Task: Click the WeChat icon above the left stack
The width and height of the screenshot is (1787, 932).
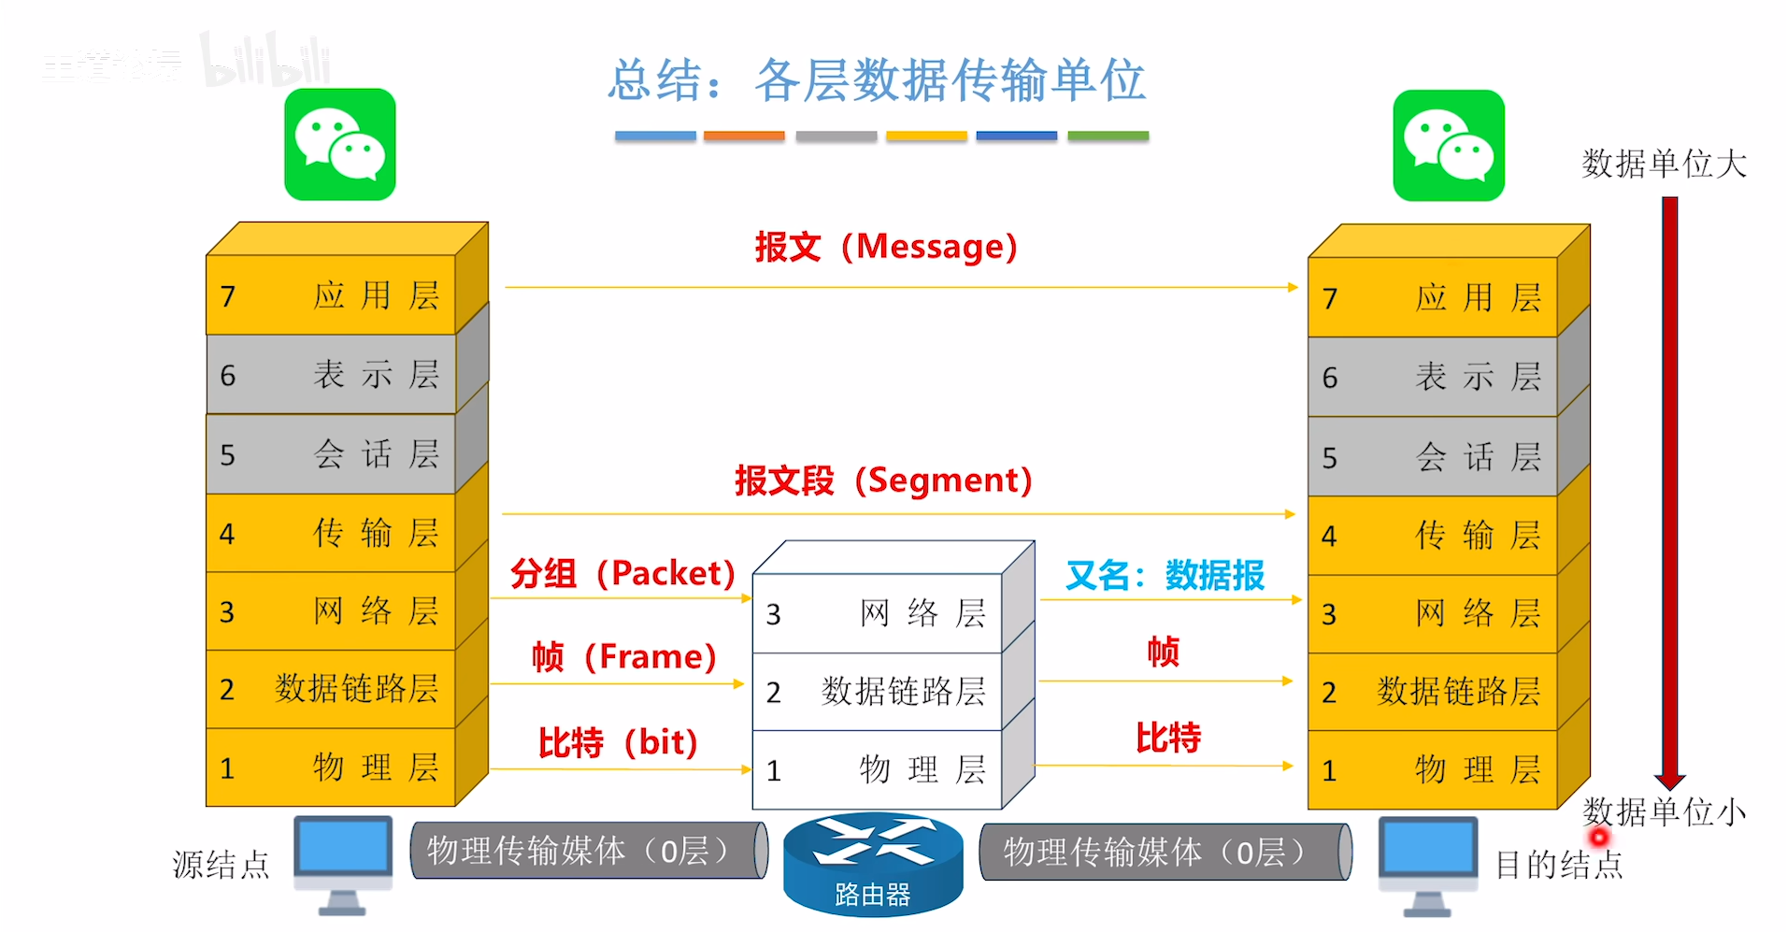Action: coord(340,145)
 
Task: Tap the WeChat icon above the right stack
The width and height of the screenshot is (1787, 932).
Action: coord(1449,146)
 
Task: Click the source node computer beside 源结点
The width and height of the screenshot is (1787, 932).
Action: coord(343,862)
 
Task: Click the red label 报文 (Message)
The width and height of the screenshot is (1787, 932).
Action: coord(885,247)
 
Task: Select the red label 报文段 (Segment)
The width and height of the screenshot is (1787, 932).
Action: coord(883,480)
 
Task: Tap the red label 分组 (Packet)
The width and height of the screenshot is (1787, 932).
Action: coord(622,573)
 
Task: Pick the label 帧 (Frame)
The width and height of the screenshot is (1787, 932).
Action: coord(623,656)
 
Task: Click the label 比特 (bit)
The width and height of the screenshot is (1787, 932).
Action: coord(618,742)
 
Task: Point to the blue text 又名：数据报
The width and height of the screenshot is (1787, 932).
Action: coord(1165,575)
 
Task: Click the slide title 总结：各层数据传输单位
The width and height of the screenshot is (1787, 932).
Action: coord(877,80)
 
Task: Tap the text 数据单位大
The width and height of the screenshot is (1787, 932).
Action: coord(1664,164)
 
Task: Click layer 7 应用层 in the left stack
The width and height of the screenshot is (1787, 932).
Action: coord(331,295)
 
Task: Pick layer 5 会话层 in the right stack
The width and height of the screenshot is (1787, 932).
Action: coord(1432,457)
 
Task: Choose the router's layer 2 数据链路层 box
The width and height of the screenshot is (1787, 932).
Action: coord(877,692)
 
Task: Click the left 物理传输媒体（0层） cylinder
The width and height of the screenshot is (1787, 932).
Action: coord(589,851)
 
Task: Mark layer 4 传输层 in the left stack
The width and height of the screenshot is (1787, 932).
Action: coord(331,533)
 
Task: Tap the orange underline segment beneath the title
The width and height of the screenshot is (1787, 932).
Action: coord(744,136)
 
